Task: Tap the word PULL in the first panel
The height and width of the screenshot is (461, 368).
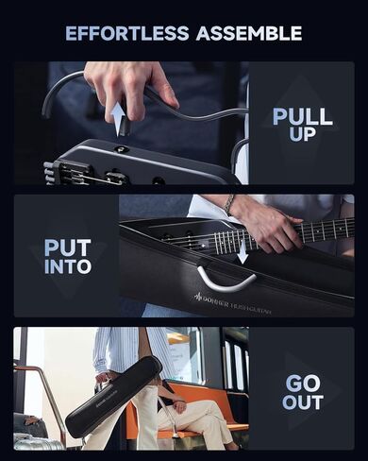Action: (302, 117)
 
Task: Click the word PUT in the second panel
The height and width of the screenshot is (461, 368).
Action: (66, 248)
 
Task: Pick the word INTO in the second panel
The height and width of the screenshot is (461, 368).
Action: (66, 267)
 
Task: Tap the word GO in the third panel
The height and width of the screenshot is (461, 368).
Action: (302, 384)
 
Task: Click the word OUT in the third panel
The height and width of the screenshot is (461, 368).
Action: (302, 403)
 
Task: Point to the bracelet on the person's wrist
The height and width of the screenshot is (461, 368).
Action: (229, 203)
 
